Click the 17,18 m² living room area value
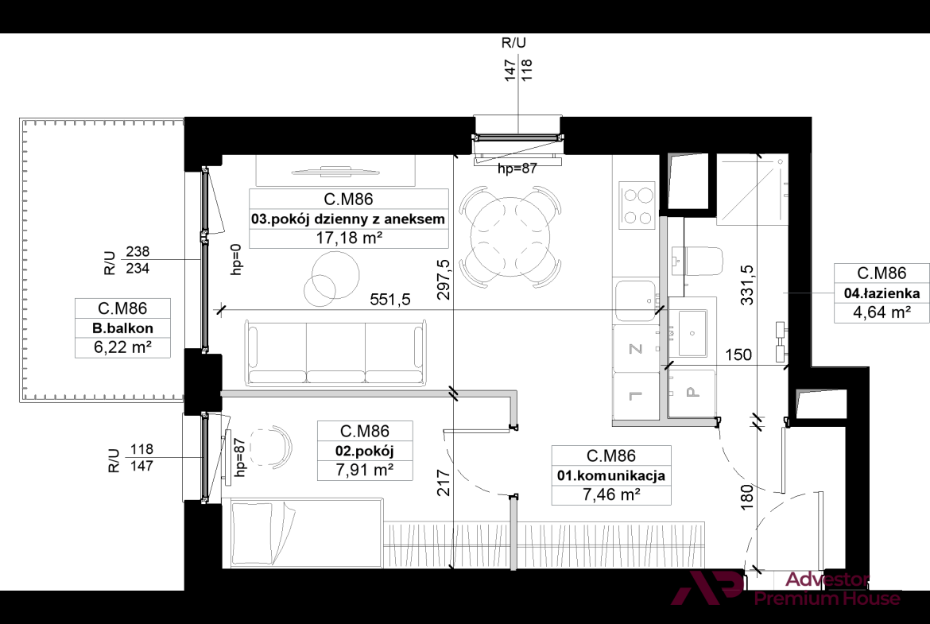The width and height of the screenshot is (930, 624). coord(349,238)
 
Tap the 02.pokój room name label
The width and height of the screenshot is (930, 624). coord(365,451)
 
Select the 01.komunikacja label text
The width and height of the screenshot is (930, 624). coord(611,475)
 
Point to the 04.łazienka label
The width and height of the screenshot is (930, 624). coord(882,293)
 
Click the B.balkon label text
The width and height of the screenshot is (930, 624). coord(122,328)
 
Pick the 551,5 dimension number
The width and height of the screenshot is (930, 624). coord(390,300)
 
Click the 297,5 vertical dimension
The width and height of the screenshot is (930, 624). coord(444,279)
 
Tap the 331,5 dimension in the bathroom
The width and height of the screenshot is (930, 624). coord(747,285)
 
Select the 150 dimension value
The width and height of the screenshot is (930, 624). coord(738,355)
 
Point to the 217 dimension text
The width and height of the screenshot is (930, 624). coord(444,483)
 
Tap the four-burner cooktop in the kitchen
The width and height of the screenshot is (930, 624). coord(637,205)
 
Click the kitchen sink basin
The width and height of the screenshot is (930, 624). coord(635,300)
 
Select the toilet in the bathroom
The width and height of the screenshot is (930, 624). coord(698,261)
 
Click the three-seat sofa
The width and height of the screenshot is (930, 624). coord(335,352)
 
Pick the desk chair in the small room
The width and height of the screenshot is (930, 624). coord(272,446)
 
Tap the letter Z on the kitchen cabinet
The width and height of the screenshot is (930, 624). coord(635,349)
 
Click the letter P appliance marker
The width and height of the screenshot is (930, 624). coord(692,392)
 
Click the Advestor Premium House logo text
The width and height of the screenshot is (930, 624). coord(827,589)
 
